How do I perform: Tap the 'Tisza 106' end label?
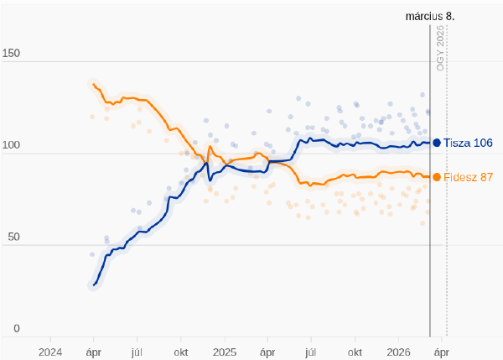[468, 143]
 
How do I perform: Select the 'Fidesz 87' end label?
[469, 177]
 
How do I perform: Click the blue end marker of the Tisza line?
[437, 143]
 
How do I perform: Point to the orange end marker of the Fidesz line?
[437, 177]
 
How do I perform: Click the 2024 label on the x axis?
[50, 352]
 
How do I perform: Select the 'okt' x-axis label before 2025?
[180, 352]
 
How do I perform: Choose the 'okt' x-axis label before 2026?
[355, 352]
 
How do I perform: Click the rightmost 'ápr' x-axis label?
[442, 352]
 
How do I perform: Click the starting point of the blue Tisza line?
[93, 285]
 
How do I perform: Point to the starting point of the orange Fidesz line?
[92, 83]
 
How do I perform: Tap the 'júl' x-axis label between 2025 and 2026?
[311, 352]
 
